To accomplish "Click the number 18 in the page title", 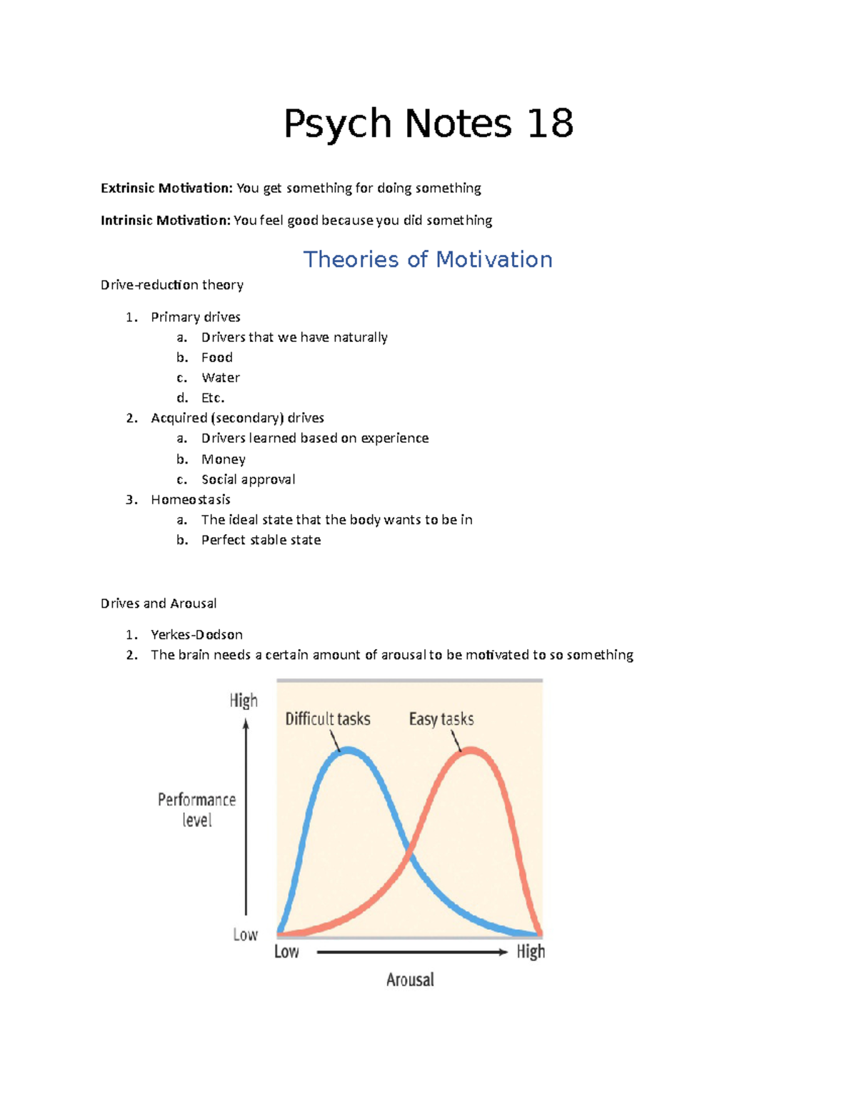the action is pyautogui.click(x=550, y=124).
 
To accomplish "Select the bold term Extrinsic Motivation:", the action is pyautogui.click(x=166, y=188).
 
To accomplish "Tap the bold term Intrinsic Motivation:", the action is pyautogui.click(x=166, y=220).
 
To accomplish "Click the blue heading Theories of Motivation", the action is pyautogui.click(x=428, y=259).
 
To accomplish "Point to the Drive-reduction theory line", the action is pyautogui.click(x=172, y=285).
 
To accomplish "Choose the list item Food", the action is pyautogui.click(x=217, y=357).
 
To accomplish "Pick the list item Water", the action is pyautogui.click(x=221, y=377).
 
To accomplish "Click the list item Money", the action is pyautogui.click(x=224, y=458).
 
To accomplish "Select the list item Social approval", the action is pyautogui.click(x=249, y=479).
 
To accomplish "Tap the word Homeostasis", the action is pyautogui.click(x=191, y=499).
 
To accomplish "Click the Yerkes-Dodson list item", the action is pyautogui.click(x=196, y=634).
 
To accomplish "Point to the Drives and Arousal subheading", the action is pyautogui.click(x=159, y=603).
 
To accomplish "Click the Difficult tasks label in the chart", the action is pyautogui.click(x=328, y=718).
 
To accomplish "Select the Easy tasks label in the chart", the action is pyautogui.click(x=441, y=718).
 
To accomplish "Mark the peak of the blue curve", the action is pyautogui.click(x=348, y=749).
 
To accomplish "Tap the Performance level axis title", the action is pyautogui.click(x=196, y=809).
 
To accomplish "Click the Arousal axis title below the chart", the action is pyautogui.click(x=410, y=980).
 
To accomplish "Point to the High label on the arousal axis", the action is pyautogui.click(x=531, y=951).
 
